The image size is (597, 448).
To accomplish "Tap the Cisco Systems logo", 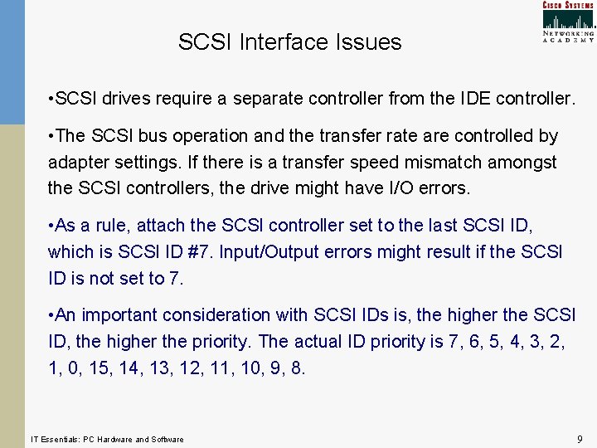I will click(x=568, y=22).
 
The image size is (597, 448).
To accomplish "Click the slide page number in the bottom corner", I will click(x=579, y=438).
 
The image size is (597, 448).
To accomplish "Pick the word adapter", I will click(x=78, y=162).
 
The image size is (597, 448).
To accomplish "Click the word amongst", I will click(x=525, y=162).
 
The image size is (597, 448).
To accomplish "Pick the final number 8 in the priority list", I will click(x=297, y=368).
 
